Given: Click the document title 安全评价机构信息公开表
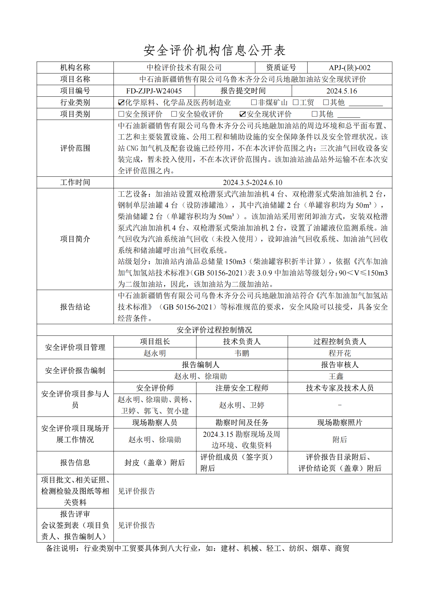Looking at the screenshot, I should click(214, 50).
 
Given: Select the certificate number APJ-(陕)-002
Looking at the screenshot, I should click(350, 68).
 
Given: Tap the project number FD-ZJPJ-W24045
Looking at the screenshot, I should click(154, 91).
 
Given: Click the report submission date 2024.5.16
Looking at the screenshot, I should click(342, 91).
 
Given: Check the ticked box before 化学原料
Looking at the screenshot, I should click(121, 103).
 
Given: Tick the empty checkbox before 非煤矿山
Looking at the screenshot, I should click(254, 102).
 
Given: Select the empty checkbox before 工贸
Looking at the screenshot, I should click(296, 102).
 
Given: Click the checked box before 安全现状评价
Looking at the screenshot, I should click(243, 114).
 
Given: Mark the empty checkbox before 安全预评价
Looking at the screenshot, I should click(121, 114).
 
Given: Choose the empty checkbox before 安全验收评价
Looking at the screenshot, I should click(174, 114).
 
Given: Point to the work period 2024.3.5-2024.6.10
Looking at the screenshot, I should click(253, 183).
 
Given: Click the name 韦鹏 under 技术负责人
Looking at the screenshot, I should click(242, 353).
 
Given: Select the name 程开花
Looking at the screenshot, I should click(340, 353).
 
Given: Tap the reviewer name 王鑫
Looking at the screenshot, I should click(336, 376).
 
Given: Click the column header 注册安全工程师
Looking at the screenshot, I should click(242, 388).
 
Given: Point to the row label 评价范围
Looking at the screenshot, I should click(75, 148).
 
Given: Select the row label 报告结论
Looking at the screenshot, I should click(75, 307).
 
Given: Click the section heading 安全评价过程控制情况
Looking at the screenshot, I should click(214, 330).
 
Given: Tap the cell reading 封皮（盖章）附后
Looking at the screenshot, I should click(155, 463).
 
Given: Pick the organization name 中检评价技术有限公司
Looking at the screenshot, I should click(184, 68).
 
